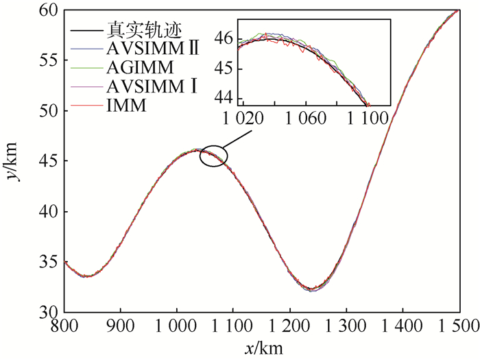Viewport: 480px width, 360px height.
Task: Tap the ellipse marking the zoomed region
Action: tap(214, 156)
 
